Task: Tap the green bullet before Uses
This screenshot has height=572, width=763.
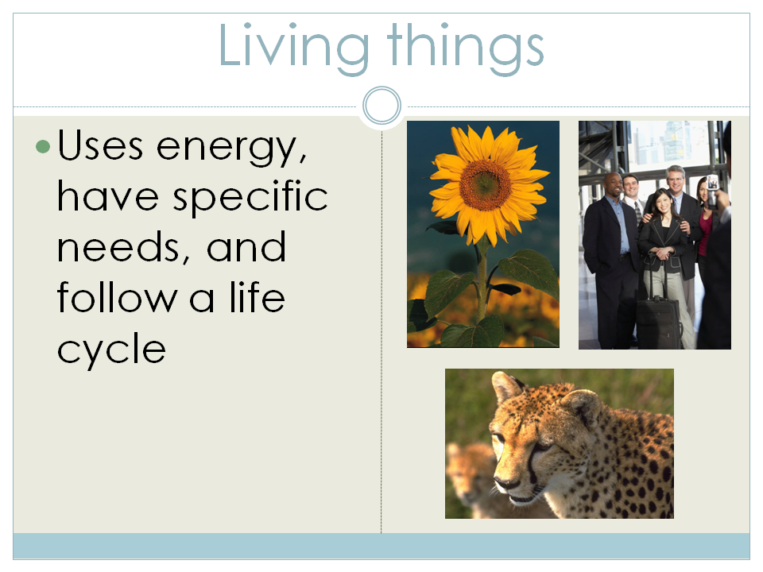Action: (43, 147)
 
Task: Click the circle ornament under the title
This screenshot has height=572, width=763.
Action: (381, 106)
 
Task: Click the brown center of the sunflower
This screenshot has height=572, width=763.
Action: (484, 184)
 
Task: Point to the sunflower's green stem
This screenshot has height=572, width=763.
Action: (482, 278)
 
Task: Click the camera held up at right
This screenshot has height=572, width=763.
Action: (712, 184)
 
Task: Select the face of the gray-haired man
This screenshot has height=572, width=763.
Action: (675, 182)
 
